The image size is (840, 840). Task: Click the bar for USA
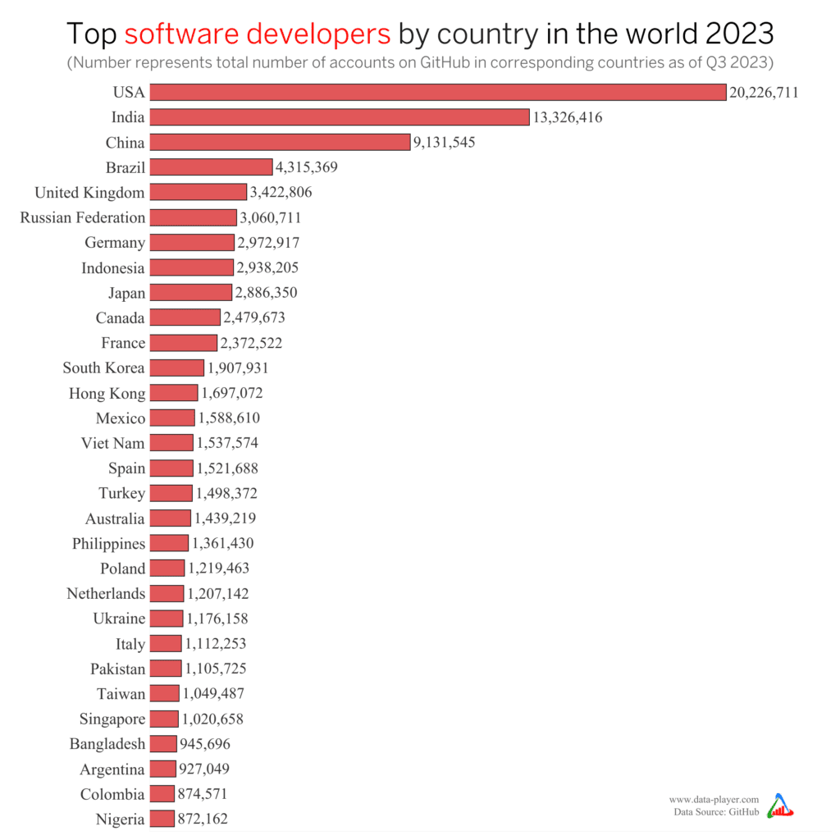[x=438, y=92]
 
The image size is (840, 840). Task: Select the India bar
[x=340, y=117]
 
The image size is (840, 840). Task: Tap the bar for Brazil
[x=211, y=167]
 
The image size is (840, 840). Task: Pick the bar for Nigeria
[x=162, y=819]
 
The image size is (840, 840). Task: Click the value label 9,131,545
[x=445, y=143]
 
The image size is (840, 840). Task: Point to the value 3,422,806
[x=281, y=193]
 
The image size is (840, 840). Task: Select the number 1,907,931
[x=238, y=368]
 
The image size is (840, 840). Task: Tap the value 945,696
[x=205, y=744]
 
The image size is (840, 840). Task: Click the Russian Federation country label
[x=83, y=218]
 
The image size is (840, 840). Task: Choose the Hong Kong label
[x=107, y=394]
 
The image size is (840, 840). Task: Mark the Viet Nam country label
[x=113, y=444]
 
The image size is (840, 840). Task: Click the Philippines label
[x=109, y=544]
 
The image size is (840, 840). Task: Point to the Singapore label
[x=112, y=719]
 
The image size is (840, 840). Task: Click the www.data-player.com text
[x=714, y=799]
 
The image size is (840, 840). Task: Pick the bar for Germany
[x=192, y=243]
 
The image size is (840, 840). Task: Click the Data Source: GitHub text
[x=716, y=812]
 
